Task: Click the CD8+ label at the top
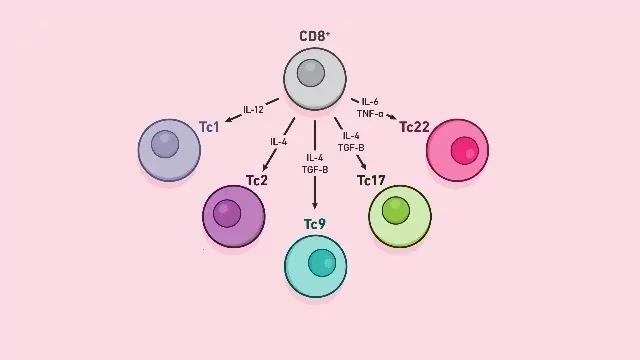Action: click(315, 37)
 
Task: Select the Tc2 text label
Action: click(257, 180)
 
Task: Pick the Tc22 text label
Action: click(415, 126)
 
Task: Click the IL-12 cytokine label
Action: click(254, 109)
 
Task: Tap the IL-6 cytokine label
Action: click(370, 102)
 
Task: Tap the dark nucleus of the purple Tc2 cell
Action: click(229, 212)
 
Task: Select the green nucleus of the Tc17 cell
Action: click(396, 212)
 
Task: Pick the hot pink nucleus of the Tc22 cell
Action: click(463, 151)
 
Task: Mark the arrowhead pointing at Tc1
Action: click(228, 120)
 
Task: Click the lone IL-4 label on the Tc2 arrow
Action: click(279, 142)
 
